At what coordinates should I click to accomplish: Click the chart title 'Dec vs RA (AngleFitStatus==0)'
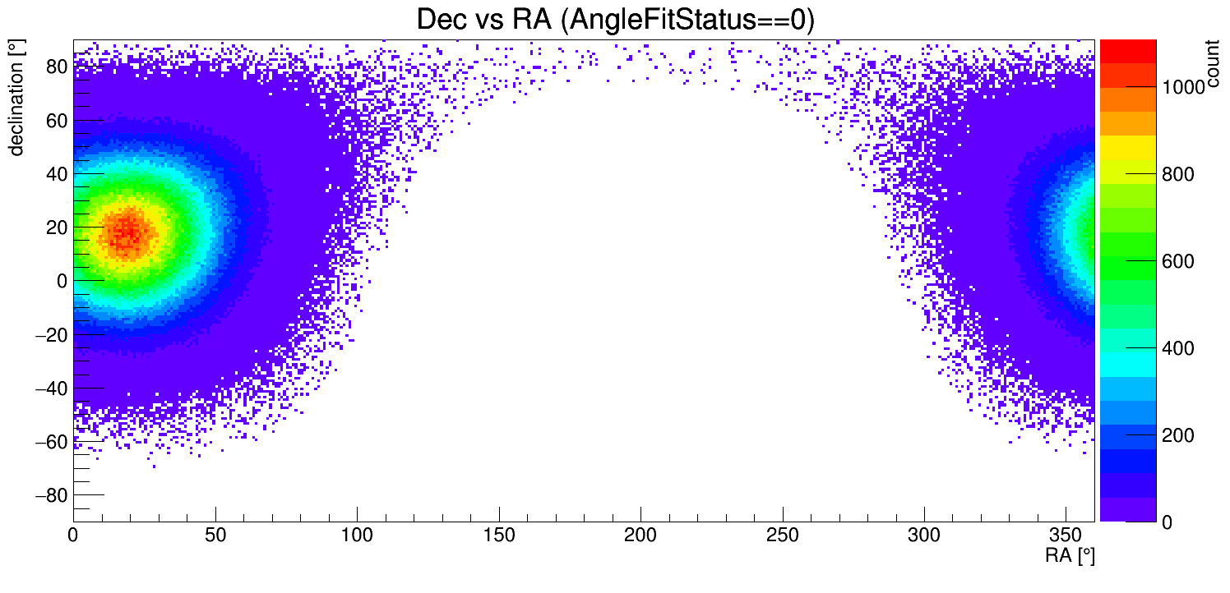615,20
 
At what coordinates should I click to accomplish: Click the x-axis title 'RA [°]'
1070,556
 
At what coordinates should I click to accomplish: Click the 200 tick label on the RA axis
640,536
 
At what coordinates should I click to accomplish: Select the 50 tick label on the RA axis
215,536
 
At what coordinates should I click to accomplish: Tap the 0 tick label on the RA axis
74,536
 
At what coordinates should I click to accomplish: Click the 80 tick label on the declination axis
55,67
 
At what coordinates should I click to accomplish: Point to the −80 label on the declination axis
50,495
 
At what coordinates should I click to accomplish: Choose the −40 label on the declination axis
50,388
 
